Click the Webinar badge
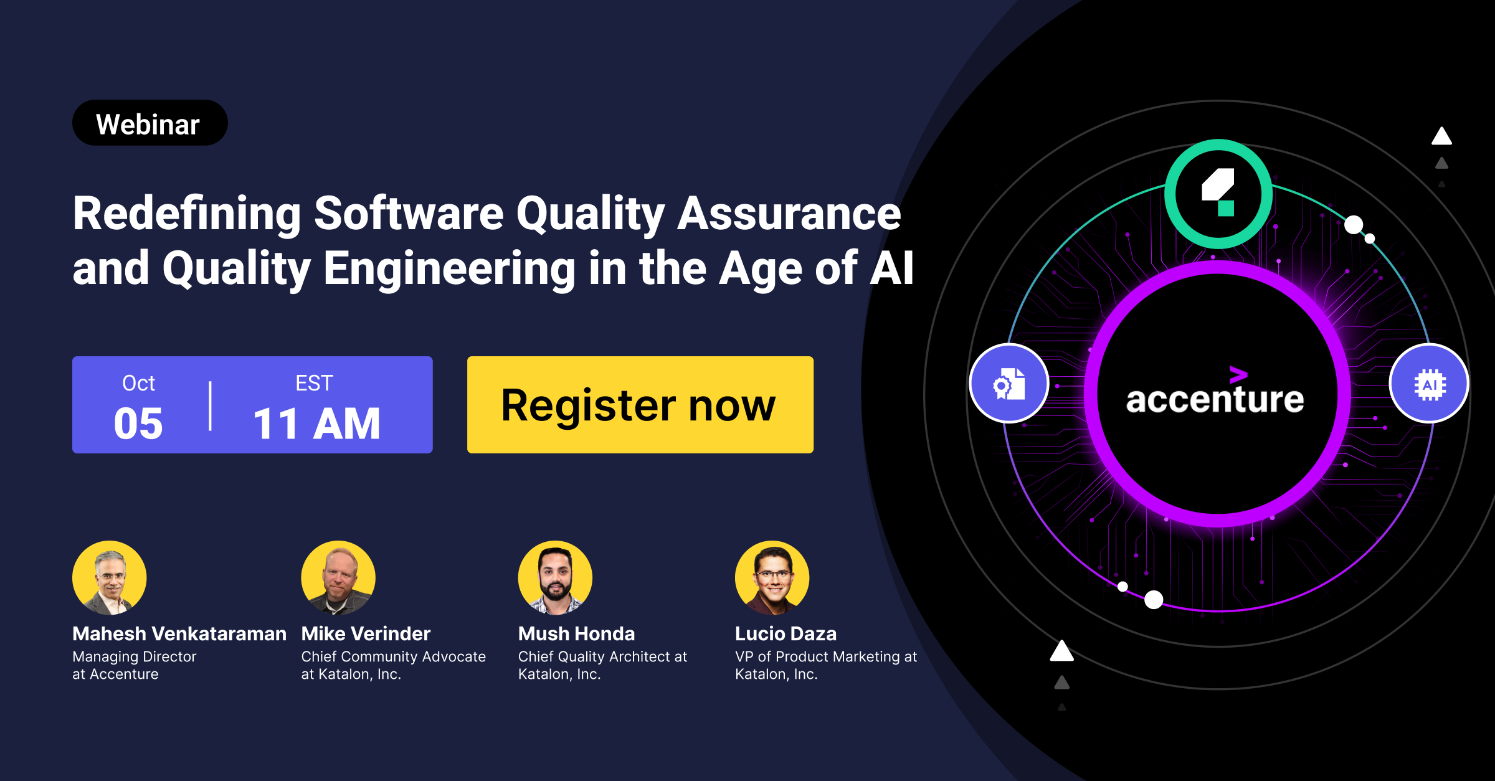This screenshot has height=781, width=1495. [150, 123]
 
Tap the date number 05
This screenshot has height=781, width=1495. [138, 424]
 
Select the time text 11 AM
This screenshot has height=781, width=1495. [316, 424]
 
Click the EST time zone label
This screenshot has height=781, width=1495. [315, 383]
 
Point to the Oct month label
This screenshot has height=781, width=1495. [138, 383]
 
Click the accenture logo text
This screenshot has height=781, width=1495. [1215, 398]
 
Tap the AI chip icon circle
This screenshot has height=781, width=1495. [1430, 383]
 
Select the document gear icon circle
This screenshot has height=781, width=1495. [1009, 383]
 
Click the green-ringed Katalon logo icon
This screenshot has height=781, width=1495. [1218, 194]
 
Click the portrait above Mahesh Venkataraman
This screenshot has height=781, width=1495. [110, 577]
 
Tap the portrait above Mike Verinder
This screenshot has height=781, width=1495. [338, 577]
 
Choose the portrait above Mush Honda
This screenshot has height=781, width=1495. [555, 577]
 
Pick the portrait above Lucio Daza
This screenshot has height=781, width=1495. [772, 577]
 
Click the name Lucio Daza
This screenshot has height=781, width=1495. [785, 633]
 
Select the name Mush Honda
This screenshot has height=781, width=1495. [576, 633]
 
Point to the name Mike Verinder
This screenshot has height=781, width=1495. [366, 633]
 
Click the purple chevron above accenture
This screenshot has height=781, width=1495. [1238, 374]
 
